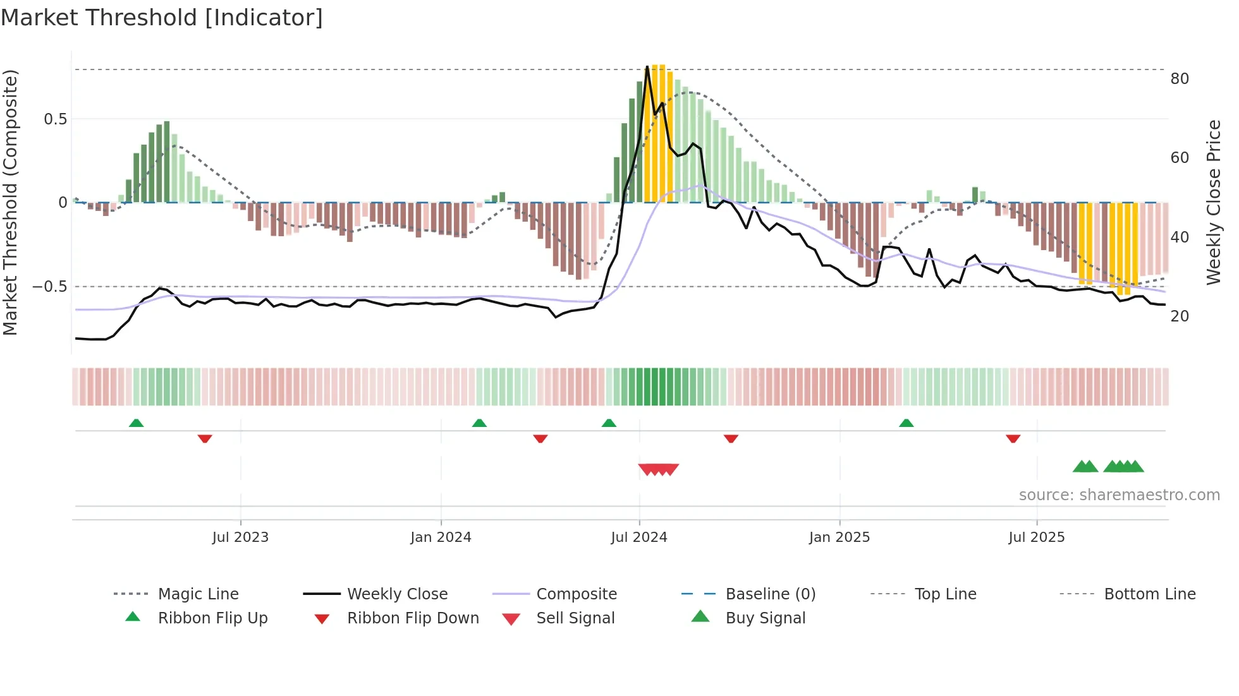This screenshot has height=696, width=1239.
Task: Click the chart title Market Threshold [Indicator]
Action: [162, 18]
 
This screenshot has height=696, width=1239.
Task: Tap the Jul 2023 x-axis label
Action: [240, 537]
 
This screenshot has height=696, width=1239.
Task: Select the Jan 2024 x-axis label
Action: [441, 537]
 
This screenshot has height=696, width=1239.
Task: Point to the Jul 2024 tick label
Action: [639, 537]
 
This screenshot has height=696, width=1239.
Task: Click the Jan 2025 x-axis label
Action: [839, 537]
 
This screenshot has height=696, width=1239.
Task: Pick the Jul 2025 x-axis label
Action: [1037, 537]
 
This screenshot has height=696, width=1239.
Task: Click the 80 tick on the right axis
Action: [1180, 79]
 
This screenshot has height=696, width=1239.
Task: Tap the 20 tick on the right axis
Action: [1180, 316]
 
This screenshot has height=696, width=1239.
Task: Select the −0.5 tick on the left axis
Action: [50, 287]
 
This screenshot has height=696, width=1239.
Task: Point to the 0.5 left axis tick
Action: [55, 119]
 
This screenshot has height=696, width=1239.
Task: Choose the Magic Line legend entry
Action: [198, 594]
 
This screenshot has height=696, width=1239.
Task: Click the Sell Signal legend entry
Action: [575, 618]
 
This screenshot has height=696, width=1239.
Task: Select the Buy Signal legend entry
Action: [765, 618]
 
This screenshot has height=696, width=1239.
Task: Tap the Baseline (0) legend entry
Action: [770, 594]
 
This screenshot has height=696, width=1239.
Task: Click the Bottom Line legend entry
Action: [1149, 594]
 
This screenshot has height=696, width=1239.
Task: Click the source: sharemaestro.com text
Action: [1119, 495]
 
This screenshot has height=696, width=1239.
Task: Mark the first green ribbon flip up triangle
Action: [136, 423]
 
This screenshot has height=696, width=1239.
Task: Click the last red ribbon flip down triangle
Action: [1013, 438]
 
